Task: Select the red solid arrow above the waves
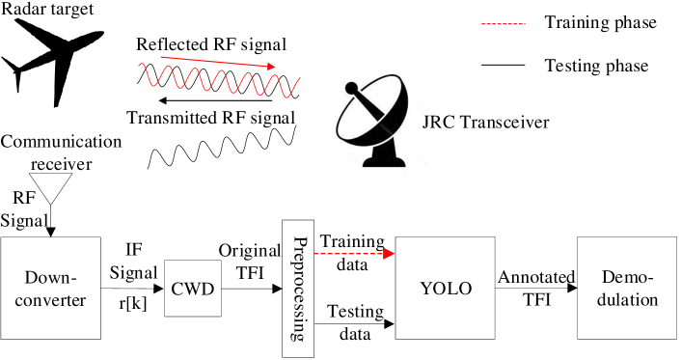coord(218,63)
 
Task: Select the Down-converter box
coord(50,288)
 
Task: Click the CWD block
coord(193,288)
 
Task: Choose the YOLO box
coord(446,288)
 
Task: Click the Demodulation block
coord(627,288)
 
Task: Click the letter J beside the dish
coord(425,122)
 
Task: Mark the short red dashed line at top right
coord(504,24)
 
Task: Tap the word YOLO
coord(446,289)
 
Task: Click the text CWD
coord(193,289)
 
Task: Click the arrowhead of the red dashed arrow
coord(390,254)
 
